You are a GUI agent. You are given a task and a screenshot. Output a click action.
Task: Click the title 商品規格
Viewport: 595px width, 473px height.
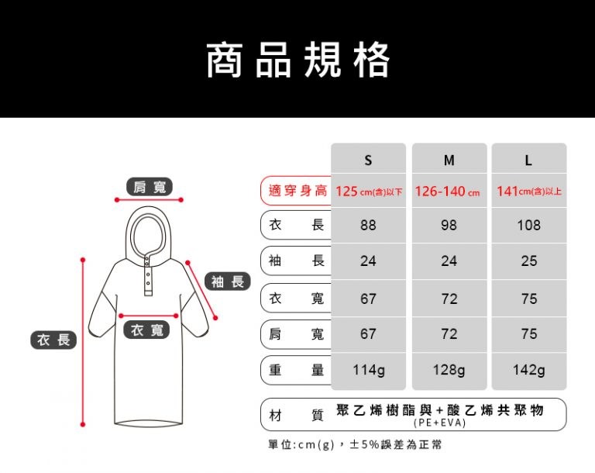click(297, 60)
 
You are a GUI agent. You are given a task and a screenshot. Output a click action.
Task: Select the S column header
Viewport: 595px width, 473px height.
click(368, 161)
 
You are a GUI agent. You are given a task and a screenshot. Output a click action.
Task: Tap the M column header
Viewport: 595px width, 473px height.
click(449, 161)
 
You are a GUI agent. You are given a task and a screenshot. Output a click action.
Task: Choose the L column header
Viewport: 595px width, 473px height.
click(528, 161)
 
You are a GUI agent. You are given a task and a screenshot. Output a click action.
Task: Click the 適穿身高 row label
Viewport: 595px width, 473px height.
click(297, 190)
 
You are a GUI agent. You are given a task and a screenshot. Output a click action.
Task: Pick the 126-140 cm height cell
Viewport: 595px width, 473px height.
click(447, 191)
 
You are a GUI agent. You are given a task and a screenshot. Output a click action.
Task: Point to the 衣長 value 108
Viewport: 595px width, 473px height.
click(528, 226)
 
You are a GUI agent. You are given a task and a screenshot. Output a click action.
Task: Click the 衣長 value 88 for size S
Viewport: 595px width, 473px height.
click(368, 226)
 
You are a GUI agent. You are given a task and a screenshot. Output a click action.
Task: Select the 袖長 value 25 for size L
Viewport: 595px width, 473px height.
click(529, 261)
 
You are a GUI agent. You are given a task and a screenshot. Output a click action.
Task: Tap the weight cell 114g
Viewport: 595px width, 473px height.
click(369, 370)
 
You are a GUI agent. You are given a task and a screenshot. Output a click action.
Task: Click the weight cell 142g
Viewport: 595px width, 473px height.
click(529, 370)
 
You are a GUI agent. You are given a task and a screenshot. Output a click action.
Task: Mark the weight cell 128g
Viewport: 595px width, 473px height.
click(449, 370)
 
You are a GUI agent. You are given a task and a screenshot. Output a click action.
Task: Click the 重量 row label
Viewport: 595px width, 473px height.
click(297, 370)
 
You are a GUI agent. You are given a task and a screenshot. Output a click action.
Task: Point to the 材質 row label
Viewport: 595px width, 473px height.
click(297, 416)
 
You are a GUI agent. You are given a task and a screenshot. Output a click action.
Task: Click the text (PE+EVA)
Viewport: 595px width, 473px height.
click(439, 423)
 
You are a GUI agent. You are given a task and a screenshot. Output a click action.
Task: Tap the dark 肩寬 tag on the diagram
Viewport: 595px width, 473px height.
click(150, 187)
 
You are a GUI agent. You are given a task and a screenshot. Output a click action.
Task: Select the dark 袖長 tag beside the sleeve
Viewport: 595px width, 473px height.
click(228, 281)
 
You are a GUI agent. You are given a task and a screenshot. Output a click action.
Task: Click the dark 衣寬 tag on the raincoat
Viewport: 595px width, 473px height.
click(147, 330)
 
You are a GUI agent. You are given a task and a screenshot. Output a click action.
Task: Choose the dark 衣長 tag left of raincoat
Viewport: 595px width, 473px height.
click(53, 340)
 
